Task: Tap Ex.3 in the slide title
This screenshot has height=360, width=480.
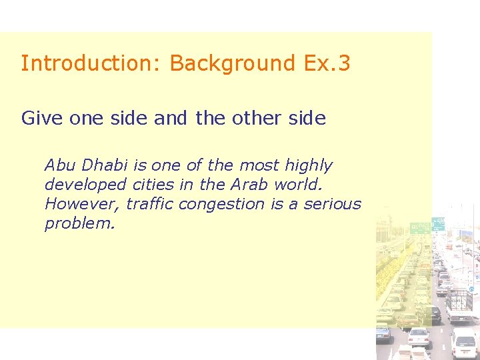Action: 326,63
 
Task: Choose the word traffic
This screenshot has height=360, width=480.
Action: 149,204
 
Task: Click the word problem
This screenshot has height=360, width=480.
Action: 78,224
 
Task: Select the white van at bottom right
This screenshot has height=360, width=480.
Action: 463,342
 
